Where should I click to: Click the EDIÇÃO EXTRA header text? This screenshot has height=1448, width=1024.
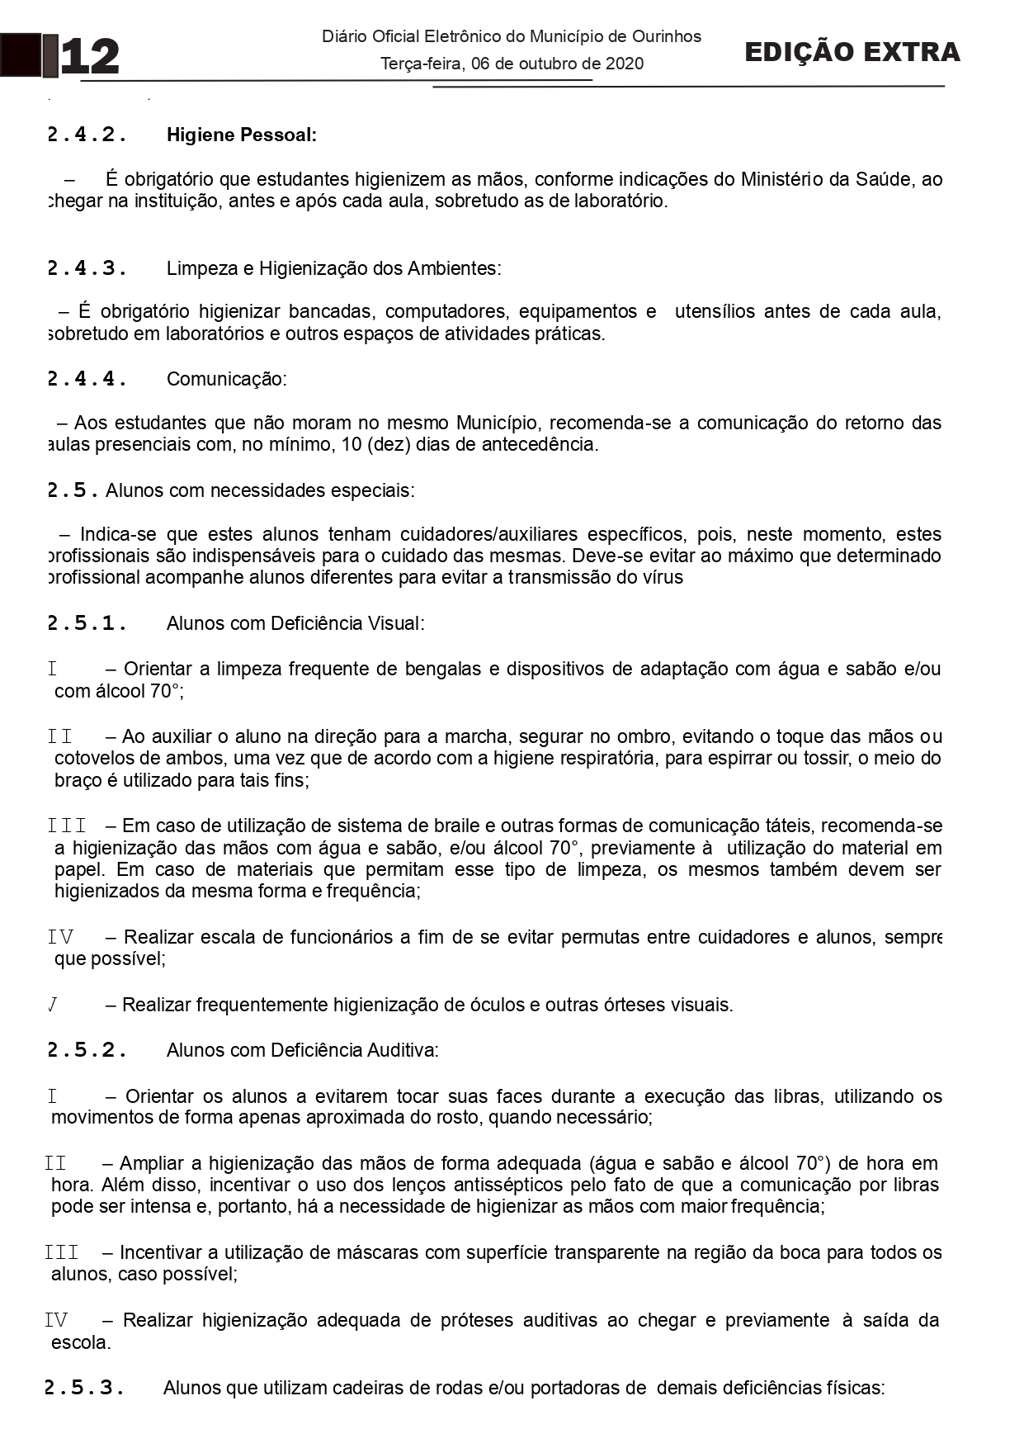tap(852, 52)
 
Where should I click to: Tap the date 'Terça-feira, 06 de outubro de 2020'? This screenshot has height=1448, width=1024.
tap(512, 64)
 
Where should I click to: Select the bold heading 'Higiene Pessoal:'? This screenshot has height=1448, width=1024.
tap(241, 135)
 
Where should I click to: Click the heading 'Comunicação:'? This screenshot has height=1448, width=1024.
tap(226, 379)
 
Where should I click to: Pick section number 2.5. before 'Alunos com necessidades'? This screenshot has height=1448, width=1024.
tap(73, 490)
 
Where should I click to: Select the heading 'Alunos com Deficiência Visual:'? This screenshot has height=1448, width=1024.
tap(295, 623)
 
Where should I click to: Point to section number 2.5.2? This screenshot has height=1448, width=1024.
tap(87, 1050)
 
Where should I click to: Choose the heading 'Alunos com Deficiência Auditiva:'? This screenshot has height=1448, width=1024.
tap(302, 1050)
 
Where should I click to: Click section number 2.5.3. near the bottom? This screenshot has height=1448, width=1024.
tap(84, 1388)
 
